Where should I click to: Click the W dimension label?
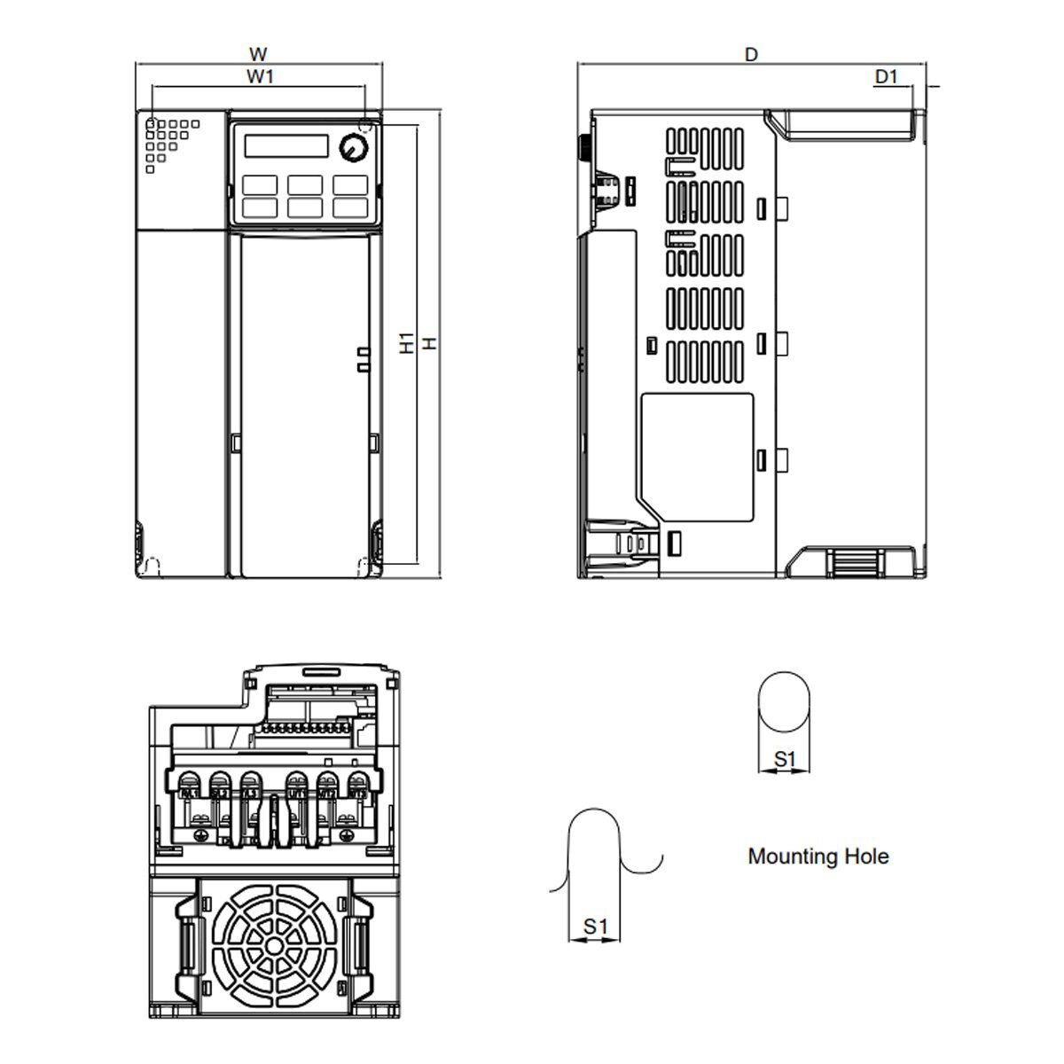point(258,54)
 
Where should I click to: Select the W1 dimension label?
point(259,77)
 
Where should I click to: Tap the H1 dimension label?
point(407,344)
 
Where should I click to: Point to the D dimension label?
point(751,54)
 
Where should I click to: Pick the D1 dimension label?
point(887,77)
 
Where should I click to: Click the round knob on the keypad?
point(354,148)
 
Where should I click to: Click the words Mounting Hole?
point(818,857)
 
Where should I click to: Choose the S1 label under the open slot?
point(595,927)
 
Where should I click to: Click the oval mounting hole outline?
point(786,702)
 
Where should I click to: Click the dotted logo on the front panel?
point(167,139)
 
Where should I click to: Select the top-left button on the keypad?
point(257,185)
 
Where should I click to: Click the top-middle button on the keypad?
point(304,185)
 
